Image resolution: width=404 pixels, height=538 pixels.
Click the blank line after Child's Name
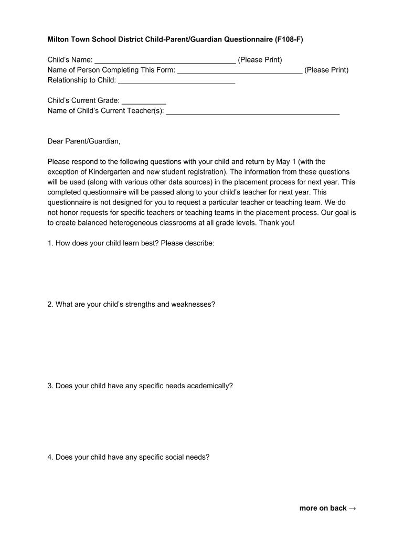pos(165,60)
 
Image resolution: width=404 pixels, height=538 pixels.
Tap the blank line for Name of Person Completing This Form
pos(240,70)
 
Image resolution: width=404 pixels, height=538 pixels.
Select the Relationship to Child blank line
pos(176,81)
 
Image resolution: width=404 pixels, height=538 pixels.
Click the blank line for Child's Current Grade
pos(144,101)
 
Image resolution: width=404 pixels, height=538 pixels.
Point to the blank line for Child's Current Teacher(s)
pos(252,111)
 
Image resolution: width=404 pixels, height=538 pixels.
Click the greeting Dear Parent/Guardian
pos(84,141)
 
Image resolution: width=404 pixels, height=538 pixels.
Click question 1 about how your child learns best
pos(131,243)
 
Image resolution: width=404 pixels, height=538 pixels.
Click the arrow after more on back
pos(352,508)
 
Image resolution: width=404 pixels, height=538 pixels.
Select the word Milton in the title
pos(59,39)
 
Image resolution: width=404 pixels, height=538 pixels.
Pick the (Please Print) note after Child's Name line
pos(260,60)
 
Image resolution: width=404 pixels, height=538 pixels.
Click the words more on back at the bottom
pos(323,508)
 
